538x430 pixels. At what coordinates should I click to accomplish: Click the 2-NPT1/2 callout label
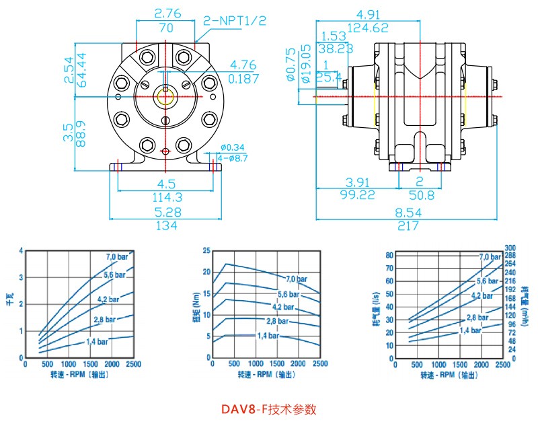click(x=235, y=21)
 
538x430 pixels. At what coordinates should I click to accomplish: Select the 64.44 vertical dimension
click(x=82, y=67)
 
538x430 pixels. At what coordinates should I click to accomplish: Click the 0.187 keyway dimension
click(x=243, y=79)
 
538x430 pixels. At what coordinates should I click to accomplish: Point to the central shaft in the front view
click(x=165, y=96)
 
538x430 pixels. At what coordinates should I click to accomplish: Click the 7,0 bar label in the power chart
click(x=116, y=256)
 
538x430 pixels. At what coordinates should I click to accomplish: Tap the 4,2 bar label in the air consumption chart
click(x=482, y=295)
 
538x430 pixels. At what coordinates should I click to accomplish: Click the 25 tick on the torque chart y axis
click(x=206, y=250)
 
